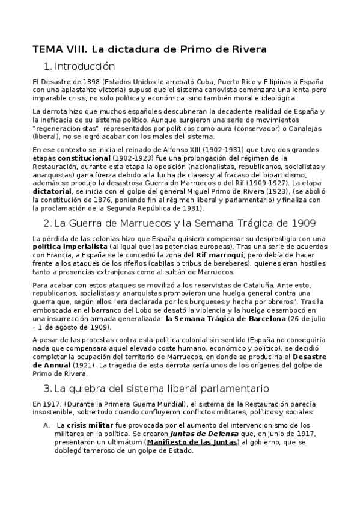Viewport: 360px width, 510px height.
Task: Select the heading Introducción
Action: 84,66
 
